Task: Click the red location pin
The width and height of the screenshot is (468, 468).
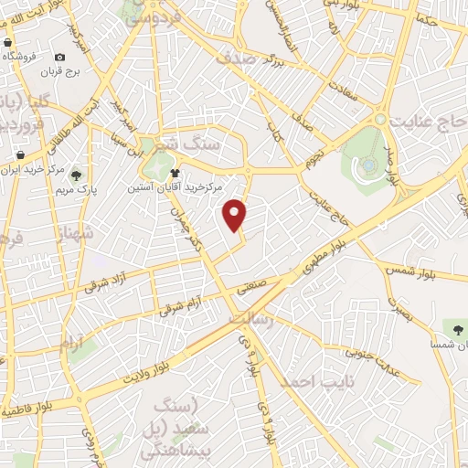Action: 236,215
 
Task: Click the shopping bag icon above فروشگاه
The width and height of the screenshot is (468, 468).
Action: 7,42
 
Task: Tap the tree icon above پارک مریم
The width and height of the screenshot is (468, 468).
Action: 77,176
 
